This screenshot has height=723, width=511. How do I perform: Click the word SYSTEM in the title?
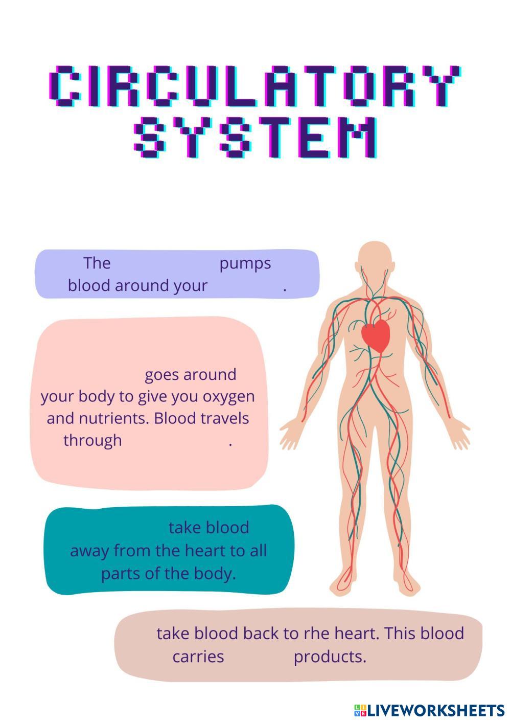pyautogui.click(x=255, y=138)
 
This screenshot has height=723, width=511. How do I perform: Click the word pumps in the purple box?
pyautogui.click(x=245, y=264)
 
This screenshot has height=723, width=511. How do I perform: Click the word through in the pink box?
pyautogui.click(x=92, y=440)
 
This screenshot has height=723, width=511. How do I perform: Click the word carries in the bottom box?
pyautogui.click(x=198, y=657)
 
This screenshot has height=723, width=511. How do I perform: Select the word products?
pyautogui.click(x=330, y=657)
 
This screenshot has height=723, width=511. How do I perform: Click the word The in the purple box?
pyautogui.click(x=97, y=263)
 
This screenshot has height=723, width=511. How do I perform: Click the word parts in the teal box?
pyautogui.click(x=120, y=574)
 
